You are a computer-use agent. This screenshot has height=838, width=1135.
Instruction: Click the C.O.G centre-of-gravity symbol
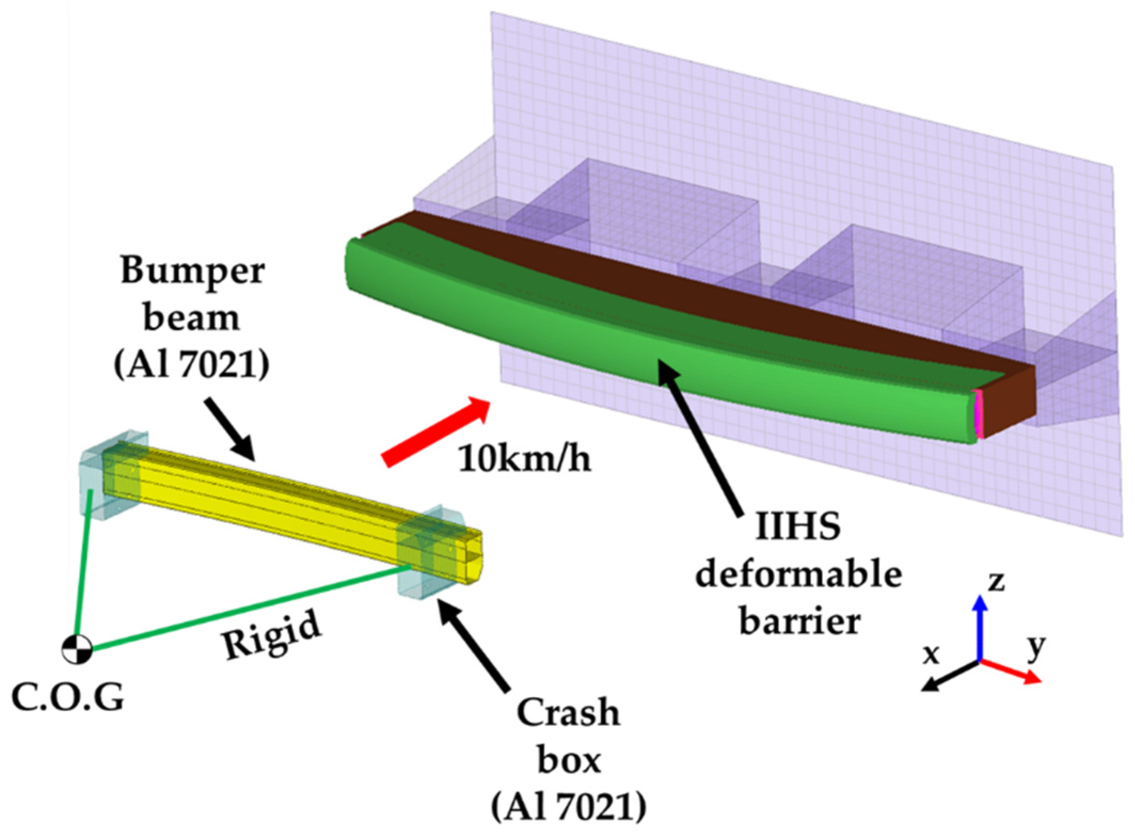77,649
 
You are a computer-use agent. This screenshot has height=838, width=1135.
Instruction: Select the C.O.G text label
68,697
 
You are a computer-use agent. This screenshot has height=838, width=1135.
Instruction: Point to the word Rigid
271,635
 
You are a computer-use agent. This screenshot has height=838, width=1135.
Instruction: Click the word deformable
798,575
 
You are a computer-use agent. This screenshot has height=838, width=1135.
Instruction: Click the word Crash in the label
568,712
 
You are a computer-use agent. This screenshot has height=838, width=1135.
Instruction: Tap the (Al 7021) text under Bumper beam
192,365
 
